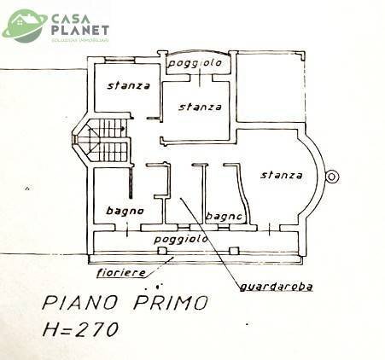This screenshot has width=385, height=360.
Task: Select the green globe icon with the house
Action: (25, 26)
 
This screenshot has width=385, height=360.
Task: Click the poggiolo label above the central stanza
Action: (194, 64)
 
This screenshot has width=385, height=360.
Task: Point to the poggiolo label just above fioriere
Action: (182, 240)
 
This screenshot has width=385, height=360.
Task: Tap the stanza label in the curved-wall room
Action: (282, 176)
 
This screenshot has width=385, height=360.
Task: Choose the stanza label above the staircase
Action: (129, 85)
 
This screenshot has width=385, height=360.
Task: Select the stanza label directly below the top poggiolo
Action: (201, 107)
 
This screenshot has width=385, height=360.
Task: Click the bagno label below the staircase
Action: (125, 212)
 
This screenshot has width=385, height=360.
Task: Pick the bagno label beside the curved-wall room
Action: (225, 218)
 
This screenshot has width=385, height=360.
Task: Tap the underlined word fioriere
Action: (120, 272)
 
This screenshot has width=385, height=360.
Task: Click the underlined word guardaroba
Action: (276, 287)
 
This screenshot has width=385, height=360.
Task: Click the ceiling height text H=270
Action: (80, 329)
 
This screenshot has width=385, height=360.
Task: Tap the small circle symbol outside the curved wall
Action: (332, 177)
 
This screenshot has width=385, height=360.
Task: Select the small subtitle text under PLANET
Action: (79, 39)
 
